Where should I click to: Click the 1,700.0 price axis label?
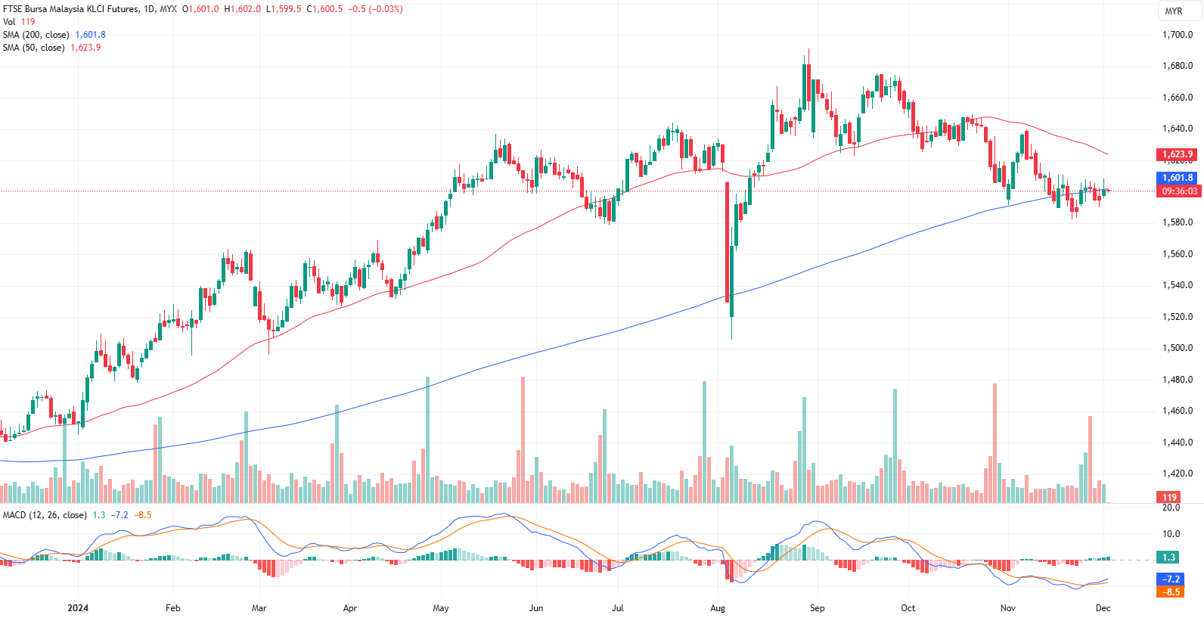[1177, 35]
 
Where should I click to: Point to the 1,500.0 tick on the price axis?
[1177, 348]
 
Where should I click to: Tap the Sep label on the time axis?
[817, 608]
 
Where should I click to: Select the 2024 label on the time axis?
[78, 608]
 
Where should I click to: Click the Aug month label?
[718, 608]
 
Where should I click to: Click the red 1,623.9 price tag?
[1178, 154]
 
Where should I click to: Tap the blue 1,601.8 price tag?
[1178, 179]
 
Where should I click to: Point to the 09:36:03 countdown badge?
[1179, 191]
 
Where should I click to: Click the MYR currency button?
[1173, 11]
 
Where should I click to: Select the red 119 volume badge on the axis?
[1169, 497]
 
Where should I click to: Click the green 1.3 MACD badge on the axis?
[1168, 557]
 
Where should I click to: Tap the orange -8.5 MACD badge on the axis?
[1170, 592]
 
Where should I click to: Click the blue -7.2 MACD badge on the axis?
[1170, 579]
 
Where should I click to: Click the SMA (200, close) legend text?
[36, 35]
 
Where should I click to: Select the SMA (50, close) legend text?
[33, 48]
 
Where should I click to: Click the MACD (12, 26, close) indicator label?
[45, 515]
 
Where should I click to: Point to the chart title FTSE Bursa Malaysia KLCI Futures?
[70, 9]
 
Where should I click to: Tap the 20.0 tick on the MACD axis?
[1171, 508]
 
